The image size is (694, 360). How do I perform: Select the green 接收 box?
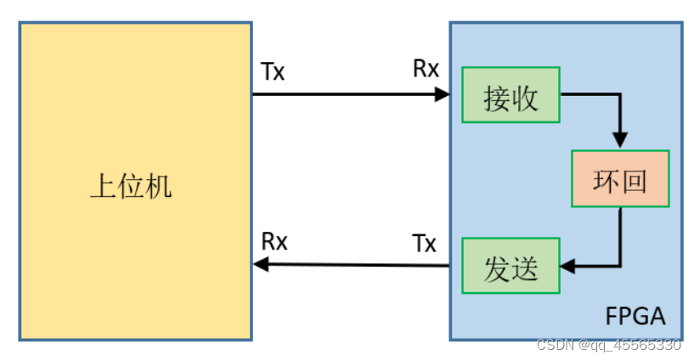511,94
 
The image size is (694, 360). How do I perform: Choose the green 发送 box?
511,267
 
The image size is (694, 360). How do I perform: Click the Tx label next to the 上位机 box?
273,71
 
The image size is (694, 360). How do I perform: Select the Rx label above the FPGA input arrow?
426,69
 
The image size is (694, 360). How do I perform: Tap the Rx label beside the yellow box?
274,242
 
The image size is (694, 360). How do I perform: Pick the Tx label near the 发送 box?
424,245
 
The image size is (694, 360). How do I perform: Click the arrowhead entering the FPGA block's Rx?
442,94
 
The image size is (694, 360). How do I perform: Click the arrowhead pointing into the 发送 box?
568,267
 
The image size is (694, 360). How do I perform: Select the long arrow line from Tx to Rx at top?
348,94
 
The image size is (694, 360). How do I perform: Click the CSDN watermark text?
608,346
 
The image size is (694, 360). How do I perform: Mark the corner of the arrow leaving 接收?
621,94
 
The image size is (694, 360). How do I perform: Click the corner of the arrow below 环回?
621,267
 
